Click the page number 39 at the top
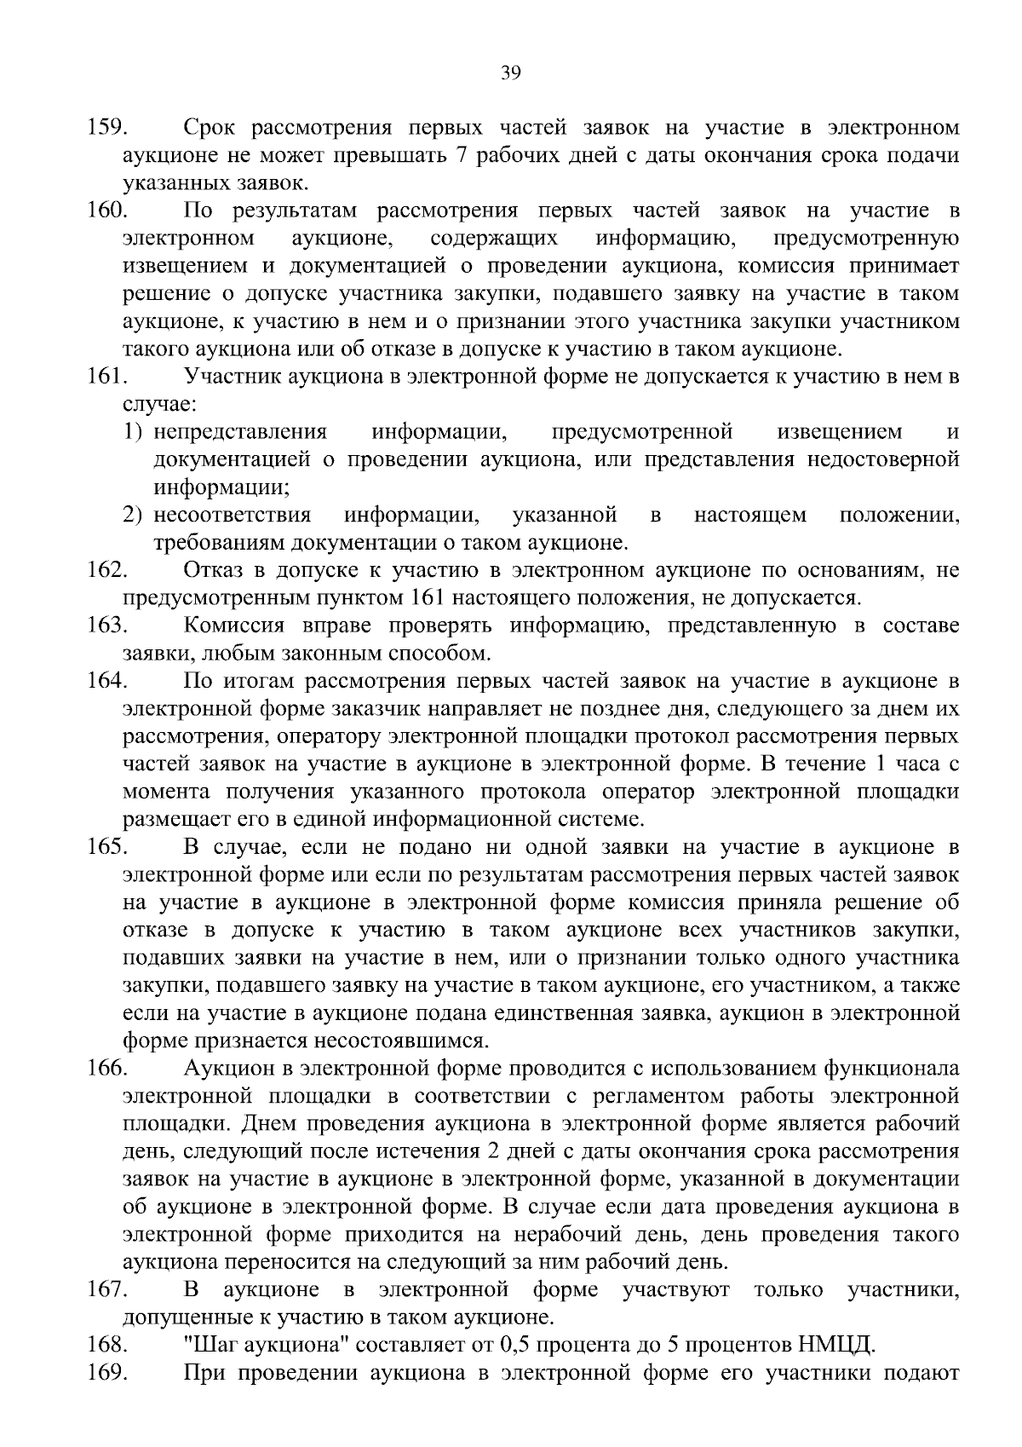pyautogui.click(x=510, y=72)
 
